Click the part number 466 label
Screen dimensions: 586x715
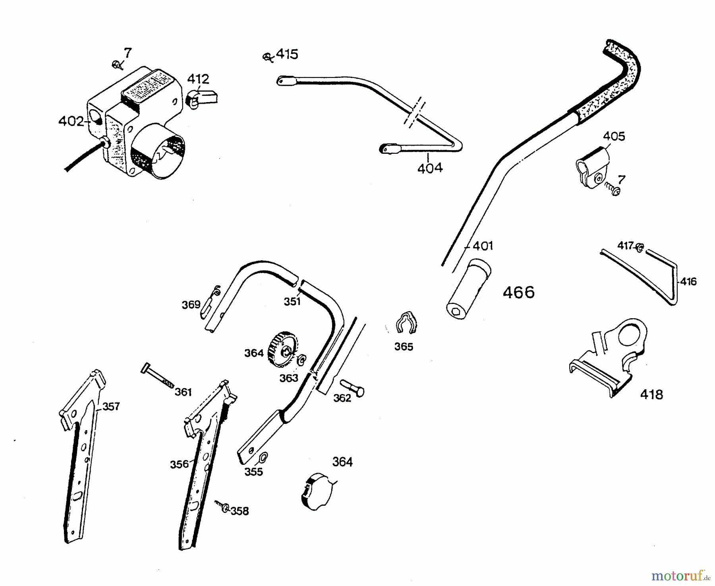pyautogui.click(x=518, y=293)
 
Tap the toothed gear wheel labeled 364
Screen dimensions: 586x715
pyautogui.click(x=282, y=346)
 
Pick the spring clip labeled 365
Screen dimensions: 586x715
pyautogui.click(x=406, y=322)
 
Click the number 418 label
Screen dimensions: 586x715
pyautogui.click(x=651, y=395)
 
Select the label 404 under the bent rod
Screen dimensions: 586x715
pyautogui.click(x=430, y=168)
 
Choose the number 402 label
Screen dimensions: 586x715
pyautogui.click(x=71, y=121)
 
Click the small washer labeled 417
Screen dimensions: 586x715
pyautogui.click(x=640, y=247)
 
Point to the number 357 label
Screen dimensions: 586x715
pyautogui.click(x=111, y=406)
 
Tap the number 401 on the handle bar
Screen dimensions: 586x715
pyautogui.click(x=482, y=246)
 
